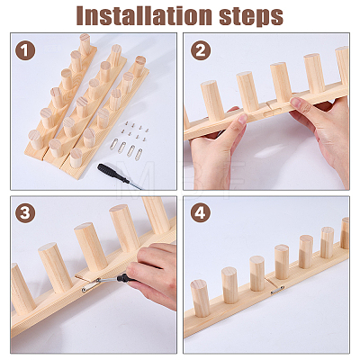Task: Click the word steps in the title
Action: (x=251, y=16)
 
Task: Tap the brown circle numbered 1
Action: (x=25, y=50)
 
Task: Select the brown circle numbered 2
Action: (x=201, y=50)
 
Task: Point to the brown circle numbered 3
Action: (x=25, y=213)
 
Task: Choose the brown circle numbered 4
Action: (x=201, y=213)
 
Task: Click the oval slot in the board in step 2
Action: (x=271, y=113)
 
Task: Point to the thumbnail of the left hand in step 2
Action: (x=243, y=119)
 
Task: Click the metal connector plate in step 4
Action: (x=277, y=290)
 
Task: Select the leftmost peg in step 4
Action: (x=200, y=298)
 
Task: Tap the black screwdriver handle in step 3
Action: (x=126, y=278)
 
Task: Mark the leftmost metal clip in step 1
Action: (x=114, y=145)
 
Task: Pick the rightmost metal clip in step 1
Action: (x=139, y=154)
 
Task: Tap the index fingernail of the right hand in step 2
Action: (x=296, y=102)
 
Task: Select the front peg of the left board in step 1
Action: (x=36, y=139)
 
